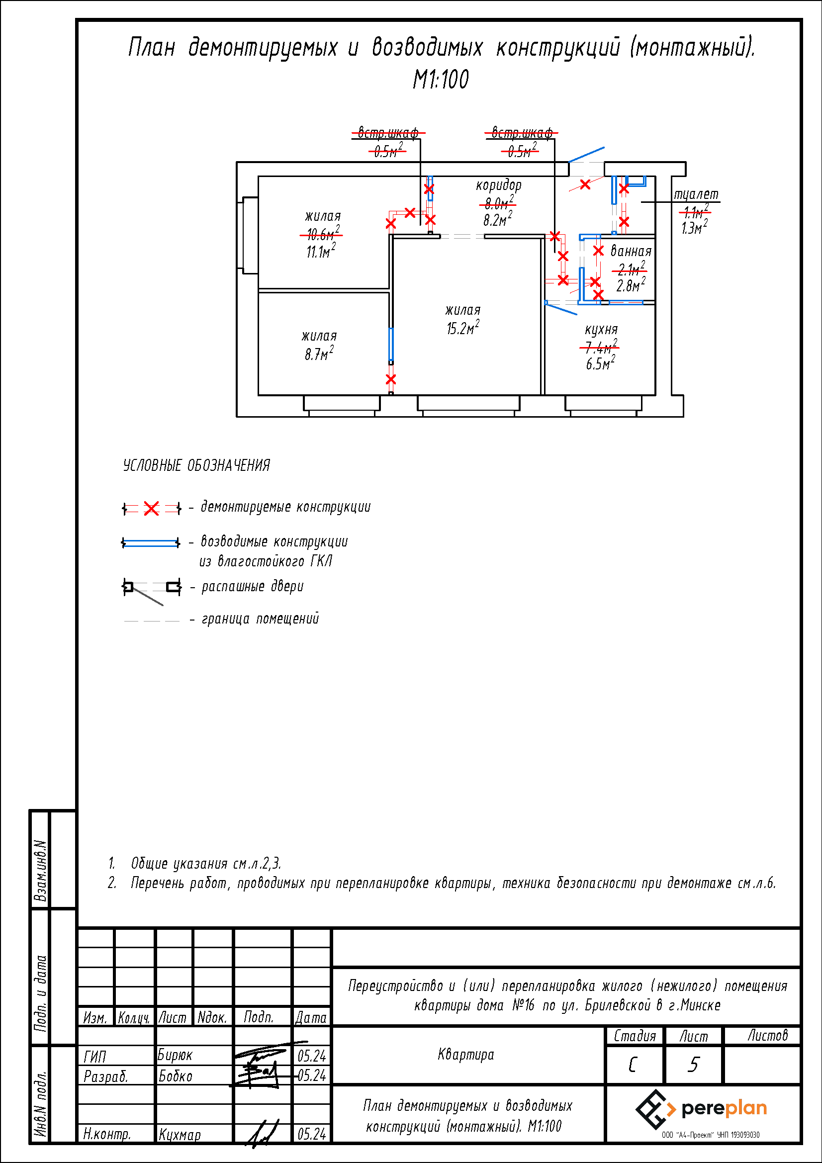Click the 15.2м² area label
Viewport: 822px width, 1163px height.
[x=462, y=329]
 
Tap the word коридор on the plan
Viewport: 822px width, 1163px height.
[x=498, y=186]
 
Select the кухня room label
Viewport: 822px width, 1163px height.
[x=601, y=330]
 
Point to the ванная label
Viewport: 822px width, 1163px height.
[x=631, y=251]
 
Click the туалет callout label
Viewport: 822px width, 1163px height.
[x=696, y=194]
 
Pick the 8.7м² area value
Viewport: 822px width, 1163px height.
[x=319, y=354]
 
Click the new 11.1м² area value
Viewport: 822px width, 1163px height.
[x=321, y=251]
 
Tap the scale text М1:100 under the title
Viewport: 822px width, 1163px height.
[x=441, y=80]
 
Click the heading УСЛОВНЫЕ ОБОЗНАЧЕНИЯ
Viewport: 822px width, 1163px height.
[x=196, y=465]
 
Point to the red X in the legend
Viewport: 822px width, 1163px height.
[x=151, y=508]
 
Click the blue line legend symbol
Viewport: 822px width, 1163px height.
[x=150, y=543]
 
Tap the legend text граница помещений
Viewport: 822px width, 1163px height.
[x=261, y=619]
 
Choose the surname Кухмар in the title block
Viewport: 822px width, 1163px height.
[x=180, y=1134]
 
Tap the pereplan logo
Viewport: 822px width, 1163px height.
[x=702, y=1109]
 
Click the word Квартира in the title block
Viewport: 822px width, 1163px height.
[x=465, y=1055]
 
